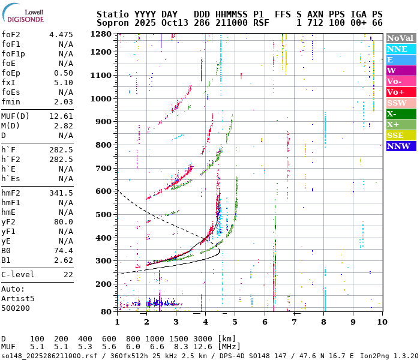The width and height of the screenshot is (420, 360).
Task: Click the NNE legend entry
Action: pyautogui.click(x=400, y=49)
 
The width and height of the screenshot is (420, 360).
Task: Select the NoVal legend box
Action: pyautogui.click(x=400, y=38)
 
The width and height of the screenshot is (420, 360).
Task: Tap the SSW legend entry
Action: pyautogui.click(x=400, y=103)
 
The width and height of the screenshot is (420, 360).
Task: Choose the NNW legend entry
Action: pyautogui.click(x=400, y=146)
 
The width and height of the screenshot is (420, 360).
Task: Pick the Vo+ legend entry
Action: pyautogui.click(x=400, y=92)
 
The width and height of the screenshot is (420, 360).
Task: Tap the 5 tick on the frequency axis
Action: pyautogui.click(x=235, y=322)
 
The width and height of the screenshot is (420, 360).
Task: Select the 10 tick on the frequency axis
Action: pyautogui.click(x=380, y=322)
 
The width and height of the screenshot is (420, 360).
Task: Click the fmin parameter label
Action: pyautogui.click(x=11, y=101)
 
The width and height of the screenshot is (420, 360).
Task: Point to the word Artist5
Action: pyautogui.click(x=18, y=298)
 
